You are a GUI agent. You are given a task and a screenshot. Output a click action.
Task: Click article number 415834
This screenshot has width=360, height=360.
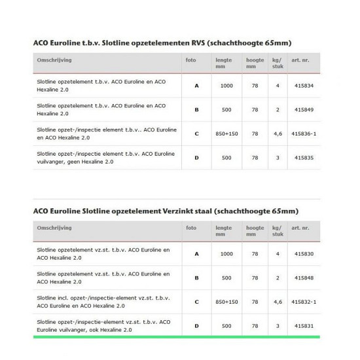pyautogui.click(x=305, y=86)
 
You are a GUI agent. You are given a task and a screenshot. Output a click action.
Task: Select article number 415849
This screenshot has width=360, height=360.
pyautogui.click(x=305, y=110)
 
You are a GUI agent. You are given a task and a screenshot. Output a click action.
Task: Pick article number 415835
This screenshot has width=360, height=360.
pyautogui.click(x=305, y=158)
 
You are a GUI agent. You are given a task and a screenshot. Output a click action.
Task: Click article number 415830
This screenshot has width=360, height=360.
pyautogui.click(x=305, y=253)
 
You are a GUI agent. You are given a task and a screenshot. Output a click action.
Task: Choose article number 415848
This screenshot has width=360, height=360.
pyautogui.click(x=305, y=278)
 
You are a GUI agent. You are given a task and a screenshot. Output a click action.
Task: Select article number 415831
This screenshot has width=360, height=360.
pyautogui.click(x=305, y=325)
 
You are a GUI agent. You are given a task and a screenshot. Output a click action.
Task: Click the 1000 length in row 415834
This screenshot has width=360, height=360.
pyautogui.click(x=226, y=86)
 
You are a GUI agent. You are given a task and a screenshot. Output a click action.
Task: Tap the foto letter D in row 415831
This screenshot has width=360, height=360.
pyautogui.click(x=197, y=325)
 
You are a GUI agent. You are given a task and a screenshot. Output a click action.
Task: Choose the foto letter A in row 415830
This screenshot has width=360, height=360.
pyautogui.click(x=197, y=253)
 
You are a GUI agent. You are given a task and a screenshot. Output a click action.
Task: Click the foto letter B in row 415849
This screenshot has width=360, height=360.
pyautogui.click(x=197, y=110)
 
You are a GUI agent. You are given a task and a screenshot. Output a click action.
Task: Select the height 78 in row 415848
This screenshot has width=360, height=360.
pyautogui.click(x=255, y=278)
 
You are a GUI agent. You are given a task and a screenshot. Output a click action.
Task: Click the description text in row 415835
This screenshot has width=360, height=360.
pyautogui.click(x=105, y=158)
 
